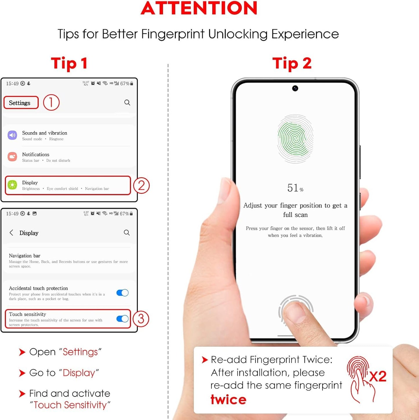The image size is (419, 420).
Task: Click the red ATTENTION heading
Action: (199, 8)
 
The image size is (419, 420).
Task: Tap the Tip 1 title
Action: (69, 63)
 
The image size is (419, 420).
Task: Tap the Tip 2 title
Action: (292, 63)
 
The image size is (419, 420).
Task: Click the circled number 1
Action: (51, 102)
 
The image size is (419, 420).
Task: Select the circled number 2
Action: (141, 186)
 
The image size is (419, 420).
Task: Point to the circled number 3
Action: (141, 319)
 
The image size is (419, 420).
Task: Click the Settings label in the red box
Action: (20, 103)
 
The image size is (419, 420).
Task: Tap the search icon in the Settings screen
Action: (127, 102)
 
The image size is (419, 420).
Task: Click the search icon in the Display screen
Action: (127, 232)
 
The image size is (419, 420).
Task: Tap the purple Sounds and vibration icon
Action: (12, 135)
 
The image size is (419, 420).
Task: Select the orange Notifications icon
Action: (12, 157)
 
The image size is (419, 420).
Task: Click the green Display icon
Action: (12, 185)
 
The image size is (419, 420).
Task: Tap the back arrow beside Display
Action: (11, 232)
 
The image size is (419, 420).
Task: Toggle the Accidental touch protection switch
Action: (122, 293)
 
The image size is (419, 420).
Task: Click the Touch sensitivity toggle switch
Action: (122, 319)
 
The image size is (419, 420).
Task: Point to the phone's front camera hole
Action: (295, 88)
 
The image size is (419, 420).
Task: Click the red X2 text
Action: (378, 376)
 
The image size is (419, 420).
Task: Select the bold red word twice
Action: (228, 400)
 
